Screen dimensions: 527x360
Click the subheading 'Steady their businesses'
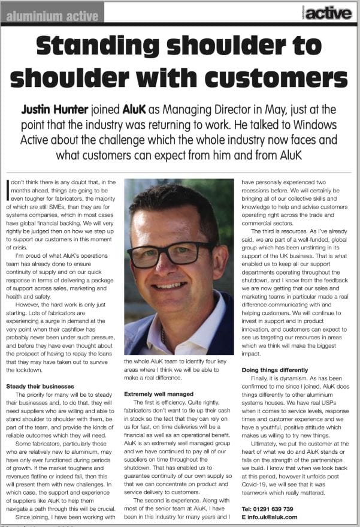click(40, 386)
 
